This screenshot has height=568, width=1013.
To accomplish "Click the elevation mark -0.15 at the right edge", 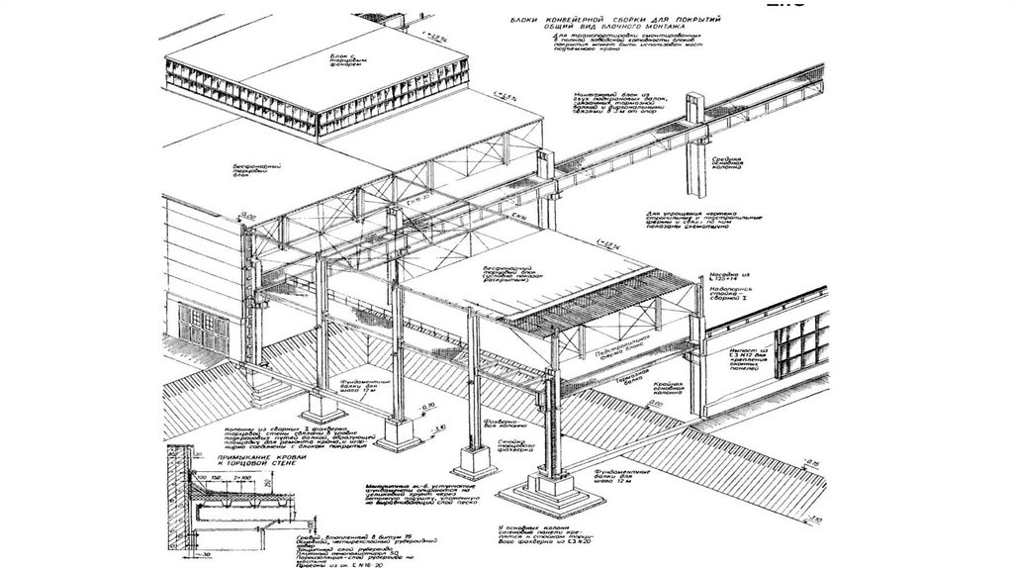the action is tap(810, 464).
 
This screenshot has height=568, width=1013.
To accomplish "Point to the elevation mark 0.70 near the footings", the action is tap(428, 408).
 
